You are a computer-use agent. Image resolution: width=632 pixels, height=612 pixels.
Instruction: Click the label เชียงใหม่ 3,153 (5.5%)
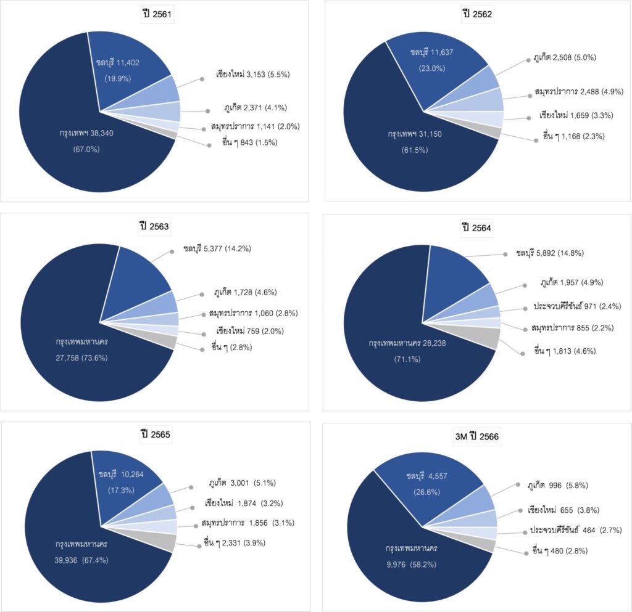(253, 75)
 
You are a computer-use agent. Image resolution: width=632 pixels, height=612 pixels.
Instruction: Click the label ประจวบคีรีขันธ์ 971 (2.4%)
(577, 306)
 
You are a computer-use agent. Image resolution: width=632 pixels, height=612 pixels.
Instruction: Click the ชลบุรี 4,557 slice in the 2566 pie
(432, 487)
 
